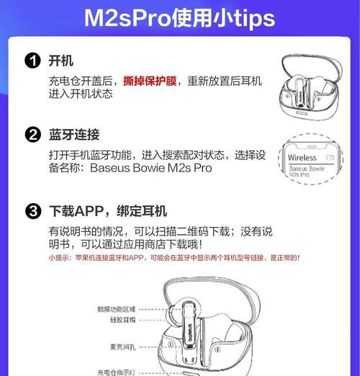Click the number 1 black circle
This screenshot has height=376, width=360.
32,61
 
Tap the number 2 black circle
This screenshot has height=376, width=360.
32,135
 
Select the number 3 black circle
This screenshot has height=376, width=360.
32,212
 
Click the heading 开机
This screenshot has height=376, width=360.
61,61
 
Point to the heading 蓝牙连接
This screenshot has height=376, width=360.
74,135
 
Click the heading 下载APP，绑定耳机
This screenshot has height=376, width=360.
108,212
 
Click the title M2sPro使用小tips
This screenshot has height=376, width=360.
179,17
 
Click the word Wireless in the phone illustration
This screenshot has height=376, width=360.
302,157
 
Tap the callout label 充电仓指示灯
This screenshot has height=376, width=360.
116,372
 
